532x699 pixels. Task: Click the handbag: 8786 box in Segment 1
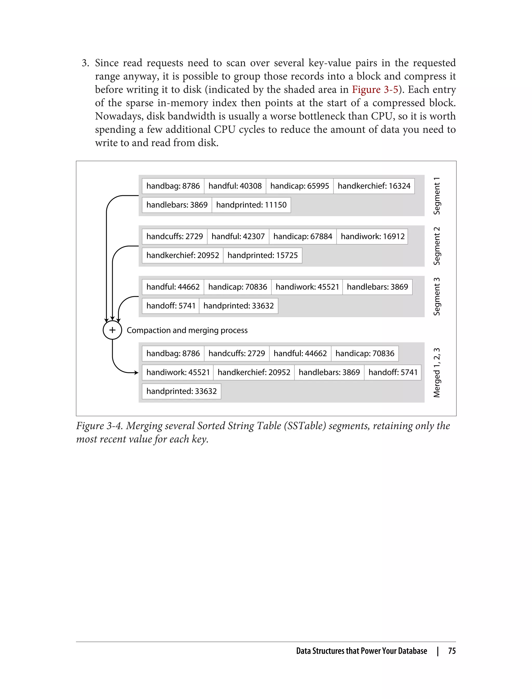(x=173, y=186)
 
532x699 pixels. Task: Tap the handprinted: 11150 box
(x=251, y=205)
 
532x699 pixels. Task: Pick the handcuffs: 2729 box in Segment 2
(x=175, y=236)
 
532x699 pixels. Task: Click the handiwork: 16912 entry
(x=373, y=236)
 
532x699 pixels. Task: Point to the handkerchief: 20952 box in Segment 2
(x=182, y=256)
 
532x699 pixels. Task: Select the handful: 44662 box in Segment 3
(x=173, y=287)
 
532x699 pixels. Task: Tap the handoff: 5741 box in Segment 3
(x=171, y=306)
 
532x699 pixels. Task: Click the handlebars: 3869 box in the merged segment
(x=329, y=372)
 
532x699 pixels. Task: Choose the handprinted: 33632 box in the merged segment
(x=182, y=391)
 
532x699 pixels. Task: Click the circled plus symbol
(x=112, y=330)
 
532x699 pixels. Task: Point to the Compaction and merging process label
(x=187, y=330)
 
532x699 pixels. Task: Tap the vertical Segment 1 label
(x=437, y=196)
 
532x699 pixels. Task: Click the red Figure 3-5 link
(x=375, y=90)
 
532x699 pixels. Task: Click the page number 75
(x=451, y=651)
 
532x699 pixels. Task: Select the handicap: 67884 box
(x=302, y=236)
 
